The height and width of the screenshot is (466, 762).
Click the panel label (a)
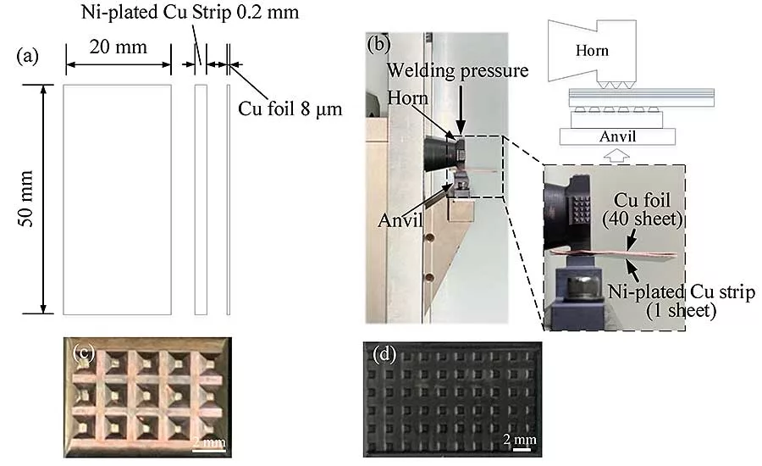tap(27, 57)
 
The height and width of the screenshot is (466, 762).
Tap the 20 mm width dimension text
tap(118, 47)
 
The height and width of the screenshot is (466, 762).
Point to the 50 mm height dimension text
tap(25, 198)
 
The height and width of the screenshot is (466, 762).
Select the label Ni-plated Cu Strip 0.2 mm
tap(190, 12)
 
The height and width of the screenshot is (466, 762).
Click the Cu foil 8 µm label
tap(290, 108)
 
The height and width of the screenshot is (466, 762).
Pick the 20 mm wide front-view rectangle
tap(117, 199)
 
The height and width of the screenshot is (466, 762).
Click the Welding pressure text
tap(457, 71)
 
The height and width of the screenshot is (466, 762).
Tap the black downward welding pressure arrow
tap(461, 107)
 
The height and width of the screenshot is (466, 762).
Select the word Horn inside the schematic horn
tap(592, 51)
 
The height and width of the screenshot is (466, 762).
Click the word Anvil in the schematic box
tap(617, 136)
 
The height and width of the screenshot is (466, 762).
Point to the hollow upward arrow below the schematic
tap(616, 156)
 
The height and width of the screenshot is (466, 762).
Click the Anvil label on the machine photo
tap(400, 220)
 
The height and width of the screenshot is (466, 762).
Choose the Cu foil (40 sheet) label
tap(643, 209)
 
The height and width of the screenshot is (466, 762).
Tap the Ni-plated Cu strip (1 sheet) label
tap(682, 301)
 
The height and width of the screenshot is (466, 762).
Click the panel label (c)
tap(84, 352)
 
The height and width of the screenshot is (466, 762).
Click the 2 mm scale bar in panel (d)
tap(522, 449)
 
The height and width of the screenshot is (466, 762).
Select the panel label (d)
tap(384, 355)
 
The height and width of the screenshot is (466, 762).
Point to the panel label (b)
tap(378, 45)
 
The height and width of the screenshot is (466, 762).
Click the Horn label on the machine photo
tap(407, 98)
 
